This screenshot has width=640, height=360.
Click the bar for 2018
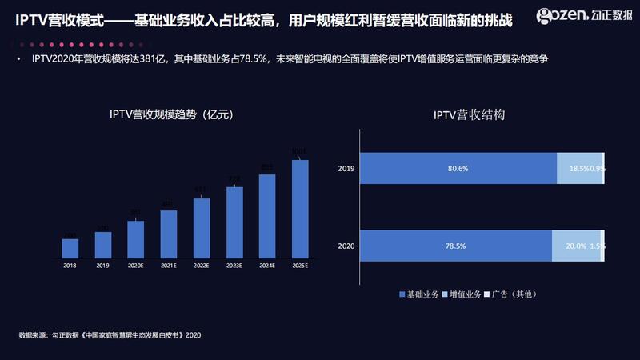(70, 248)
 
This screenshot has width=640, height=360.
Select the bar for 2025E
(300, 209)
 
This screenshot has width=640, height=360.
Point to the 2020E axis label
(136, 266)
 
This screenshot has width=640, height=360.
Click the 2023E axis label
(234, 266)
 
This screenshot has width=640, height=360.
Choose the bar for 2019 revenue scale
(103, 245)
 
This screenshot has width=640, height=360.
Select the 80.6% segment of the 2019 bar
(458, 169)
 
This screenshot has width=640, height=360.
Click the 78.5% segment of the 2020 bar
(456, 246)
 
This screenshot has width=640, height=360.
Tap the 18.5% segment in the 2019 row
(578, 169)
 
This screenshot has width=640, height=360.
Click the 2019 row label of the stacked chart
(346, 169)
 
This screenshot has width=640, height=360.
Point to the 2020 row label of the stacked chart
(346, 246)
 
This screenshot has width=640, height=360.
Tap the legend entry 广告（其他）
(513, 295)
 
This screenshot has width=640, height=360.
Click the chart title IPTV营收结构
(469, 115)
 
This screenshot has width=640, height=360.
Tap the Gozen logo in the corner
(583, 15)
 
